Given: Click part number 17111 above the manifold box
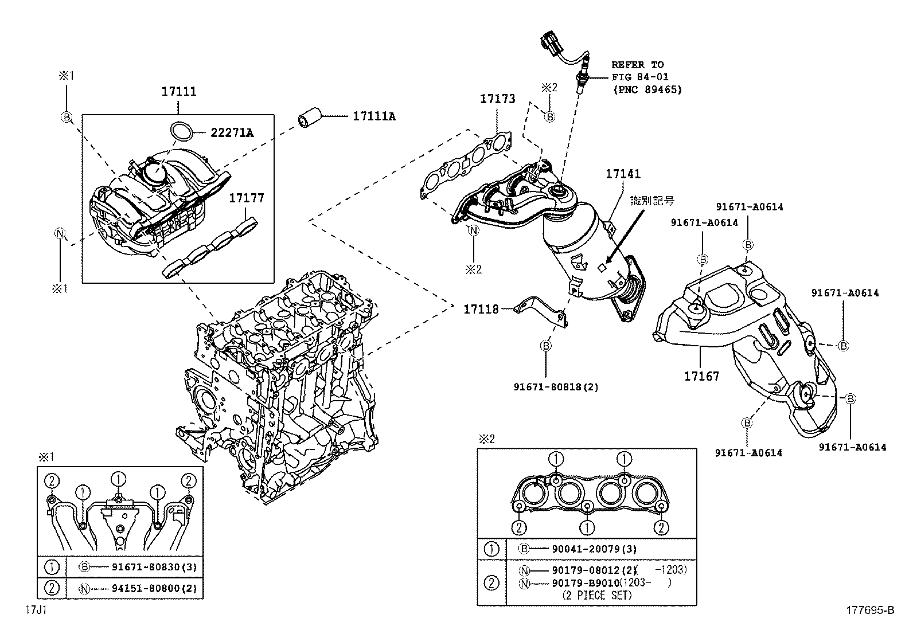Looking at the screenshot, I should click(178, 92).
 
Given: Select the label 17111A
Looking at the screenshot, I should click(374, 116).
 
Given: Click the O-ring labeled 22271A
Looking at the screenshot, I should click(182, 132).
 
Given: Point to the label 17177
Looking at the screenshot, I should click(247, 198).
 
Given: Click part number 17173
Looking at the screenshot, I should click(497, 99).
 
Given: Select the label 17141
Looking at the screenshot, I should click(623, 174).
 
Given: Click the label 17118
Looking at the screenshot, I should click(481, 310).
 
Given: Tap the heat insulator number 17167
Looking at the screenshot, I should click(701, 377).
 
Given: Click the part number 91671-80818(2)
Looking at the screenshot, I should click(556, 387).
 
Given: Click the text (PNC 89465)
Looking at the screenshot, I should click(647, 89).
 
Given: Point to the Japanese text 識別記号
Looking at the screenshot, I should click(652, 201).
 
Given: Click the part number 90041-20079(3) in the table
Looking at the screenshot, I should click(594, 549).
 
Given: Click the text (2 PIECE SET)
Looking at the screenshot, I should click(596, 595).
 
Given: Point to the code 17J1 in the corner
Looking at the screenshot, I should click(35, 611).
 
